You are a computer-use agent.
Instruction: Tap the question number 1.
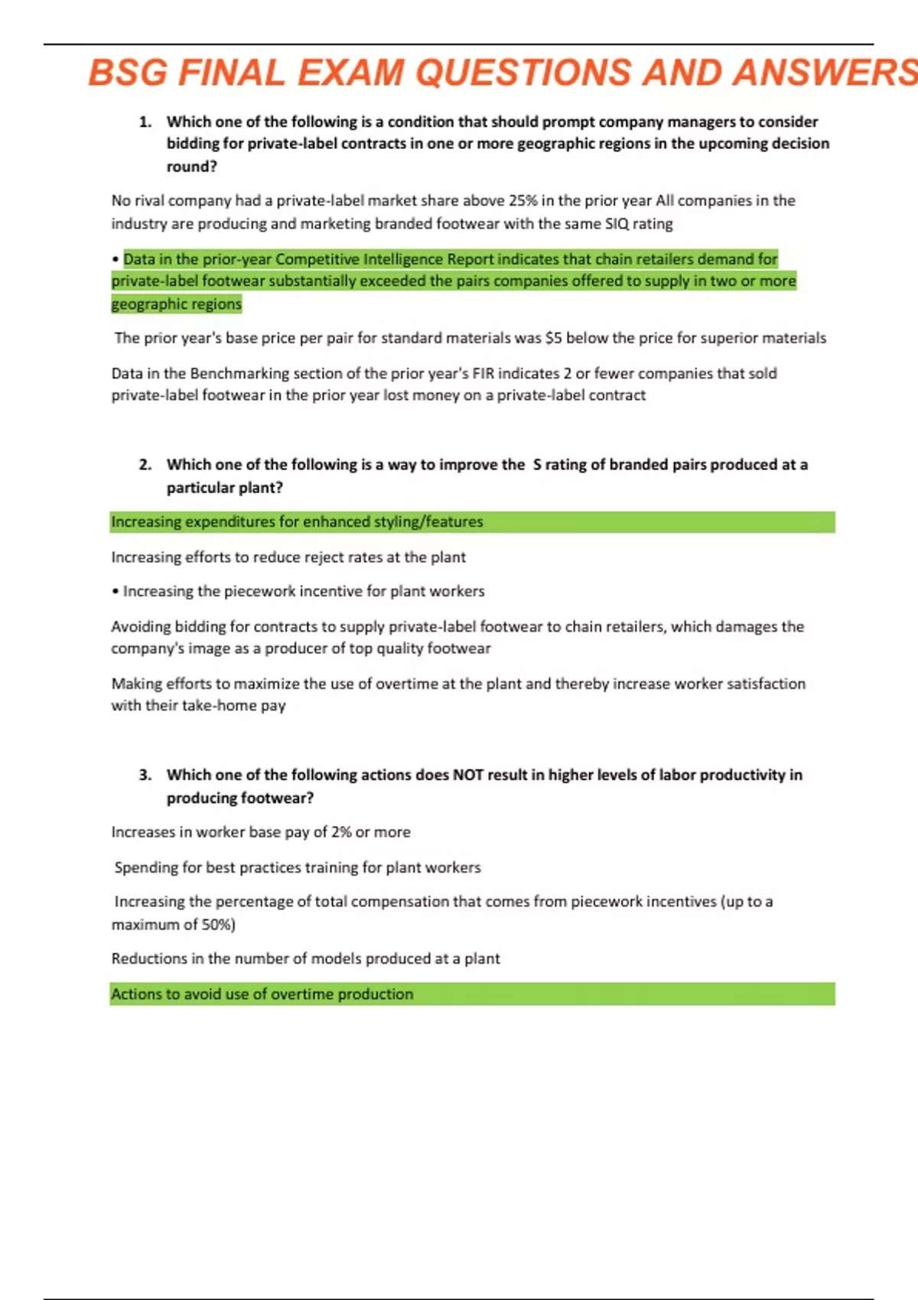click(x=145, y=122)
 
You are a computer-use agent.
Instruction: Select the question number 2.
click(x=145, y=464)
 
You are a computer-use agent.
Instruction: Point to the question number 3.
click(x=145, y=775)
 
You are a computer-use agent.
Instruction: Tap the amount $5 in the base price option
click(x=553, y=338)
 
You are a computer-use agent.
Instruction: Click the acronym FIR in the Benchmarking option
click(x=483, y=373)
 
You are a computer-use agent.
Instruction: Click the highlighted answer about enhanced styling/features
click(x=297, y=522)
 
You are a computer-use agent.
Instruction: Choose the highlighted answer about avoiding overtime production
click(x=262, y=994)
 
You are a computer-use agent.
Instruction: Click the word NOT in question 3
click(x=467, y=775)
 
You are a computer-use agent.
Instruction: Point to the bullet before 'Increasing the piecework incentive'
click(x=115, y=592)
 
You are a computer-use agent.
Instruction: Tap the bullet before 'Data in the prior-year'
click(x=115, y=259)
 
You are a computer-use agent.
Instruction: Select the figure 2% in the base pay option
click(x=341, y=832)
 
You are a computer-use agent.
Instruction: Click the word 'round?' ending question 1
click(x=191, y=167)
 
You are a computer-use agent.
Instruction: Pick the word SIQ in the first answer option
click(x=617, y=224)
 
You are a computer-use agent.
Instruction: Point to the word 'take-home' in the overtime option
click(x=219, y=706)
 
